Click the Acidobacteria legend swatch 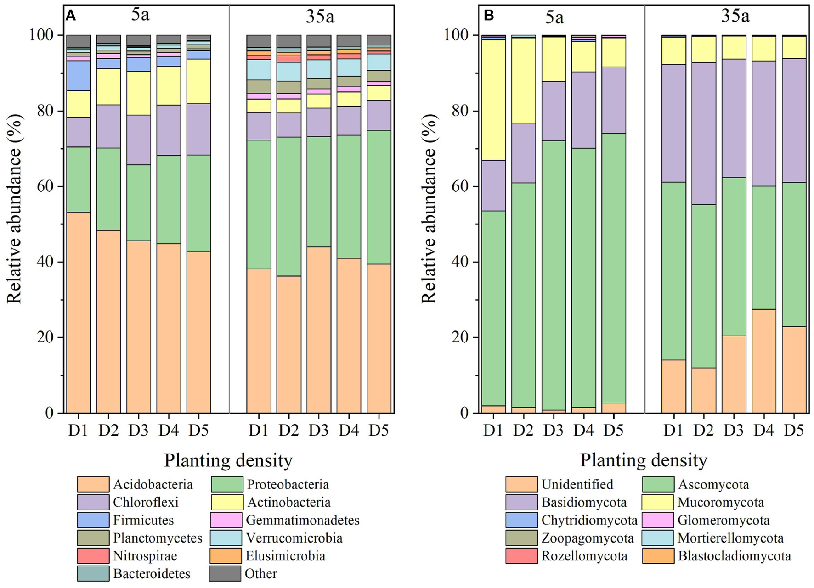click(93, 484)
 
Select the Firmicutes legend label click(143, 520)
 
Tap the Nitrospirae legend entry click(145, 556)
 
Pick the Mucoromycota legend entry click(720, 502)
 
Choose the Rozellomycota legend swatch click(521, 556)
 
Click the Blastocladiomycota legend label click(735, 556)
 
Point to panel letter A click(70, 16)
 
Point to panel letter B click(489, 16)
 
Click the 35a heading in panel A click(320, 17)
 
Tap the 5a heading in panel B click(554, 17)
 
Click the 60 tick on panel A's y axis click(42, 186)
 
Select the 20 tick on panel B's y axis click(457, 337)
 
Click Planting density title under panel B click(643, 460)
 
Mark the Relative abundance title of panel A click(15, 209)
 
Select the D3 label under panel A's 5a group click(138, 431)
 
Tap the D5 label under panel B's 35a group click(794, 431)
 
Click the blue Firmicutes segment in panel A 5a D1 click(79, 76)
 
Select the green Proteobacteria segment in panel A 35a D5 click(379, 197)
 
